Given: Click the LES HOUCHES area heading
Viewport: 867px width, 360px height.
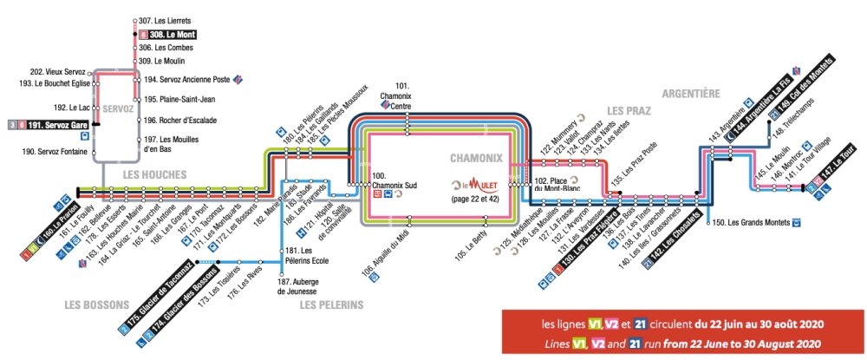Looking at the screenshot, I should pos(154,174).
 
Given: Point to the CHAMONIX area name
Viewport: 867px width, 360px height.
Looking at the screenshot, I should pos(476,159).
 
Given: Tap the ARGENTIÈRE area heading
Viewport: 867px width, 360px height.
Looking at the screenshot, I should pos(691,92).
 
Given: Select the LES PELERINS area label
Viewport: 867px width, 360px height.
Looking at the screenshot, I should pos(331,304).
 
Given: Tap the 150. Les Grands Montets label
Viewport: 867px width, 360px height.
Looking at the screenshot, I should pos(751,223).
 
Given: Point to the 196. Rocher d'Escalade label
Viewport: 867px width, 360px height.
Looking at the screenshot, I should pos(180,120).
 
